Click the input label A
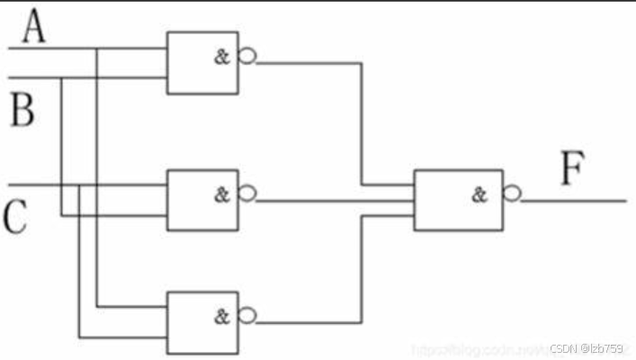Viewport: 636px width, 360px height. pos(34,28)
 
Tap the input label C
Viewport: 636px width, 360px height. pos(15,217)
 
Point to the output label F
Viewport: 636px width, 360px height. pos(573,168)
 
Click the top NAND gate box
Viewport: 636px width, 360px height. pos(202,61)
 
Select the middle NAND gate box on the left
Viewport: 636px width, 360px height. pos(202,198)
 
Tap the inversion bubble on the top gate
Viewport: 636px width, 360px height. pos(246,58)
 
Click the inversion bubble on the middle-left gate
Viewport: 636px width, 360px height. pos(246,194)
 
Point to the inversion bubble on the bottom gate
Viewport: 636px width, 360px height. pos(246,315)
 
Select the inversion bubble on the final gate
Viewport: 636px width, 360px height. pos(511,194)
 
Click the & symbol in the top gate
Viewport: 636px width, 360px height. pos(221,58)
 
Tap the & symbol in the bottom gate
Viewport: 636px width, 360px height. pos(221,316)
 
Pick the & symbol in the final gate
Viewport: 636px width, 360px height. pos(479,193)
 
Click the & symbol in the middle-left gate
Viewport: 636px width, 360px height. pos(221,194)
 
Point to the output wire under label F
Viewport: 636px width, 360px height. pos(576,200)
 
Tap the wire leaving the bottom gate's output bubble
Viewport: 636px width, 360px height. pos(306,320)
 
